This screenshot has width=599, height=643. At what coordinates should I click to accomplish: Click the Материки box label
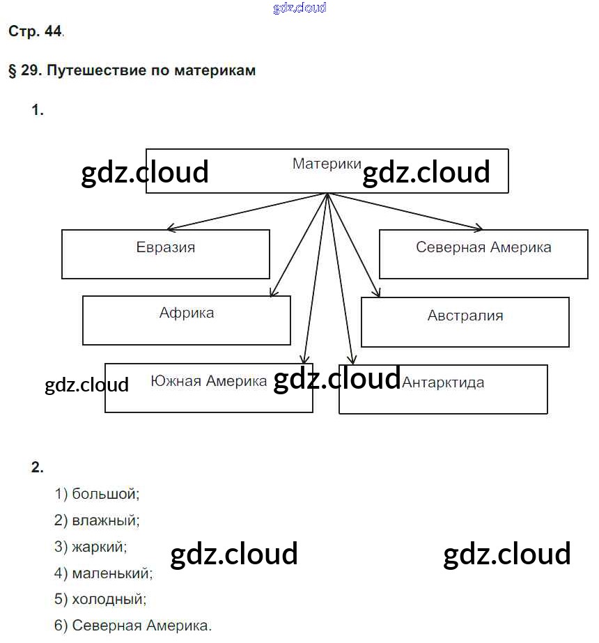pos(327,164)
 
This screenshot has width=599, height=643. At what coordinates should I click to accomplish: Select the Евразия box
pos(166,254)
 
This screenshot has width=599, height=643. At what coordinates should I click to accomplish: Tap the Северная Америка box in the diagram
pos(483,254)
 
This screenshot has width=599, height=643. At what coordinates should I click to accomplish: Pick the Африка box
pos(187,320)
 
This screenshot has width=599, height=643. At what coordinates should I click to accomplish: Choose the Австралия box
pos(465,321)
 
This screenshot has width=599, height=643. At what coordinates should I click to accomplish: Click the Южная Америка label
pos(208,381)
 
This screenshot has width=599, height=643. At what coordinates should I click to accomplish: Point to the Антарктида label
pos(443,382)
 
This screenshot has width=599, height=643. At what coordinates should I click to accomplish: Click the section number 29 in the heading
pos(29,70)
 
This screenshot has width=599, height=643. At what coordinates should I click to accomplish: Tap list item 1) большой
pos(97,494)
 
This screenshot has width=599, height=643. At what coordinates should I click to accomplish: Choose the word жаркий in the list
pos(100,546)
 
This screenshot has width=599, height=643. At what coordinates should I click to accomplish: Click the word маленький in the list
pos(112,573)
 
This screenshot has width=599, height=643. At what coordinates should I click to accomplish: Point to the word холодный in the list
pos(109,598)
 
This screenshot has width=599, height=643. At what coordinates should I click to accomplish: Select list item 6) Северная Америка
pos(132,625)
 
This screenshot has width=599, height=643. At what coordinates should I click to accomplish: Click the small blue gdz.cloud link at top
pos(299,8)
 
